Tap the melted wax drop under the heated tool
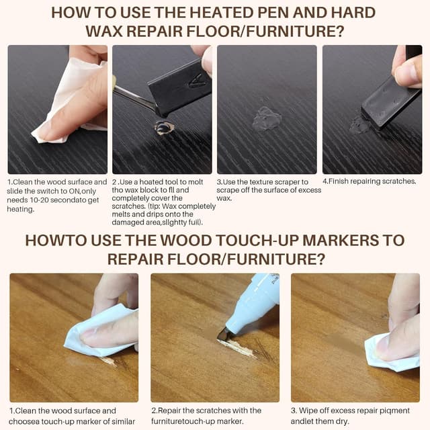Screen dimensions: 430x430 coord(163,126)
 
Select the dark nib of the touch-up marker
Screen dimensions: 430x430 coord(222,333)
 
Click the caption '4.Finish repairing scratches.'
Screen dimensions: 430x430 coord(369,181)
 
